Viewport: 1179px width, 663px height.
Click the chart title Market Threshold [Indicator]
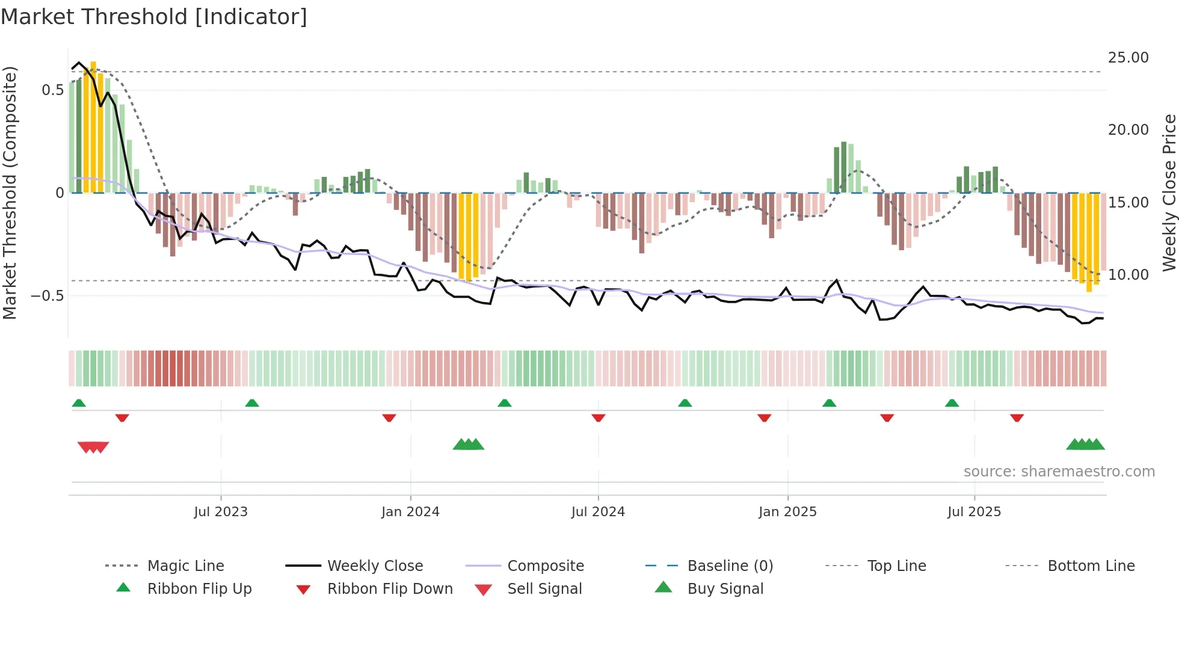click(x=154, y=17)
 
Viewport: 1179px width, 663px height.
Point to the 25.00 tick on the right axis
click(x=1128, y=58)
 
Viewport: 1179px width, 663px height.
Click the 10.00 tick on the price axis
click(x=1128, y=275)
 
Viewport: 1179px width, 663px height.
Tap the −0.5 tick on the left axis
click(x=48, y=296)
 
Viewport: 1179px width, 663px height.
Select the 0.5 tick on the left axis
click(x=52, y=90)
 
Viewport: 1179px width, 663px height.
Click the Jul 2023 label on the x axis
click(x=221, y=512)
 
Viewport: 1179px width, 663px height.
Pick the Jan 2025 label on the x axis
click(x=787, y=512)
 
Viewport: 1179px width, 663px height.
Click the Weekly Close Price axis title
click(x=1169, y=193)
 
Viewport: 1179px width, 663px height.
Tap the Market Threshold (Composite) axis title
click(x=10, y=193)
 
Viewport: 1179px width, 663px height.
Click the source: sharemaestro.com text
click(x=1059, y=472)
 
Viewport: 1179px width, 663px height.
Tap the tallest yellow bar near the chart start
click(x=93, y=126)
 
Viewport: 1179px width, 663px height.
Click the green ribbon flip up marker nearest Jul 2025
click(x=952, y=403)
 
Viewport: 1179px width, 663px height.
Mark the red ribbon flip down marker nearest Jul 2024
click(x=598, y=418)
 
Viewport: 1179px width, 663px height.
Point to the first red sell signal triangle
click(x=84, y=447)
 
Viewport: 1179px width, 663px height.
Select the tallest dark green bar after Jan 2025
click(x=843, y=167)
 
